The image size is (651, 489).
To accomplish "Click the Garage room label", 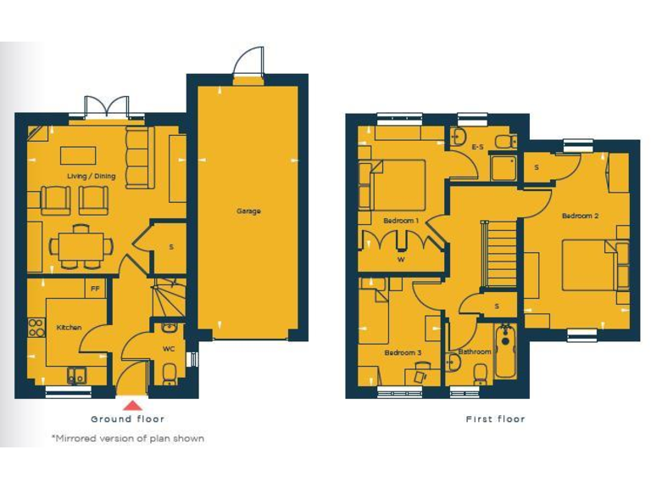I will coord(248,211).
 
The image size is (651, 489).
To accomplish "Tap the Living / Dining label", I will coord(97,177).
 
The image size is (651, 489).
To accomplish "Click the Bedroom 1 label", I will coord(400,221).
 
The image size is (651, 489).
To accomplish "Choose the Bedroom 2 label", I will coord(580,216).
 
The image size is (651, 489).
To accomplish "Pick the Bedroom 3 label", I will coord(402,352).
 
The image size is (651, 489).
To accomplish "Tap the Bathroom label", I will coord(474,351).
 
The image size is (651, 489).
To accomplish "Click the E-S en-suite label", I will coord(478,148).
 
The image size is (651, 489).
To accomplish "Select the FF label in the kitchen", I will coord(95,289).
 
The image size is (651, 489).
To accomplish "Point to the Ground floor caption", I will coord(128,419).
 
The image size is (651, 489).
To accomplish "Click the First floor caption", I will coord(495,419).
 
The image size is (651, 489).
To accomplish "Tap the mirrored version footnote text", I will coord(127,439).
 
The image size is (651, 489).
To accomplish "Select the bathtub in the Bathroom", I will coord(505,352).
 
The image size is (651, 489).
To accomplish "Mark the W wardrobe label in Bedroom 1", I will coord(401,260).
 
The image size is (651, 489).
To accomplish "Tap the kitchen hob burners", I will coord(36,326).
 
